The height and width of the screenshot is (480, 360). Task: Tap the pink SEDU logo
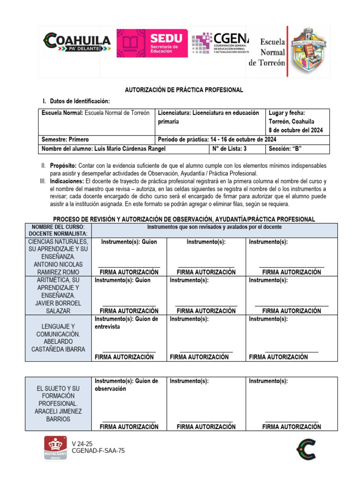tap(152, 43)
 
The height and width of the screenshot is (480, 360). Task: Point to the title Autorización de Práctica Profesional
tap(183, 90)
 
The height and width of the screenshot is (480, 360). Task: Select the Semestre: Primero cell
tap(65, 140)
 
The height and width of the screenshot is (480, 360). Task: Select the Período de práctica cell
tap(217, 140)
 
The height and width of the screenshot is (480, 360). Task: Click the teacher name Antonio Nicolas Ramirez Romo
tap(58, 268)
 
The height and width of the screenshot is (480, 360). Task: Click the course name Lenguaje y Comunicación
tap(58, 330)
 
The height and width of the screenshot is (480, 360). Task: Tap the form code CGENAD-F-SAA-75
tap(98, 451)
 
